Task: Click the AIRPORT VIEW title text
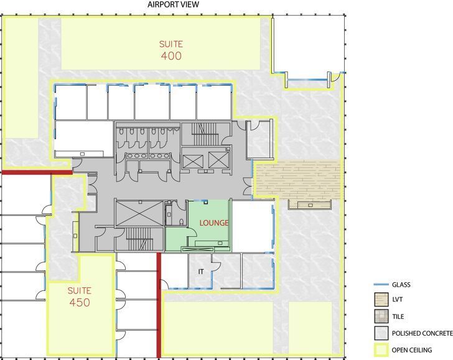point(173,4)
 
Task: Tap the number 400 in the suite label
point(171,56)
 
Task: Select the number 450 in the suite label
point(80,303)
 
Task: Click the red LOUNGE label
point(213,223)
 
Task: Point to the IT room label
point(201,272)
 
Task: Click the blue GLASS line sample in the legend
point(380,285)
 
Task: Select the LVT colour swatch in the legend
point(380,300)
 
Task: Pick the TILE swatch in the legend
point(380,316)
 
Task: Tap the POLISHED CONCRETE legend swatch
point(380,333)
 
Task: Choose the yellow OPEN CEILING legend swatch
point(380,349)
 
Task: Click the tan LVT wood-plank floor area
point(299,179)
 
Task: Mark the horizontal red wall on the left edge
point(36,172)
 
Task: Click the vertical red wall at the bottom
point(159,305)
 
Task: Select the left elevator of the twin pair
point(194,160)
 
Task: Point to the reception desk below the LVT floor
point(309,205)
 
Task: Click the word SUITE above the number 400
point(171,44)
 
